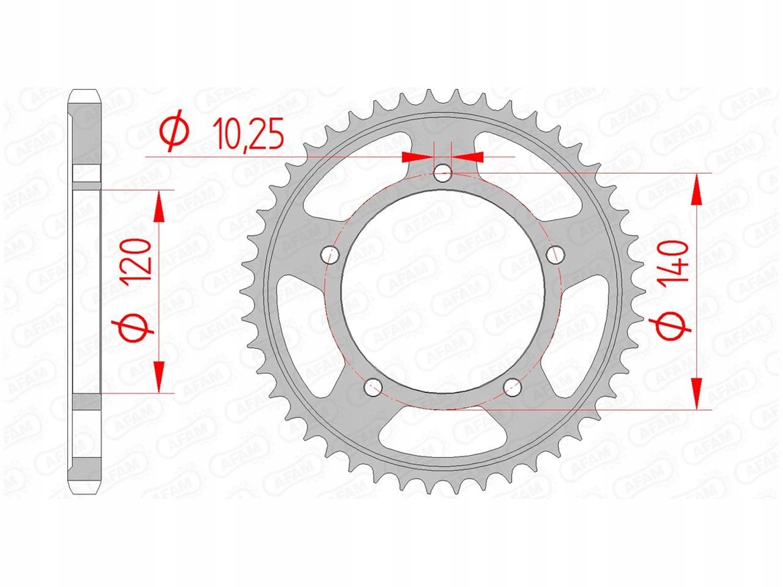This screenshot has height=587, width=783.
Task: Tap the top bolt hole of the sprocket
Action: (x=443, y=174)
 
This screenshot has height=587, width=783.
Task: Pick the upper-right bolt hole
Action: (x=555, y=254)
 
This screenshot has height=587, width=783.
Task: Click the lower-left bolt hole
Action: (x=373, y=388)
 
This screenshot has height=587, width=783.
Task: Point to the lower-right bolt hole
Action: (x=512, y=388)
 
